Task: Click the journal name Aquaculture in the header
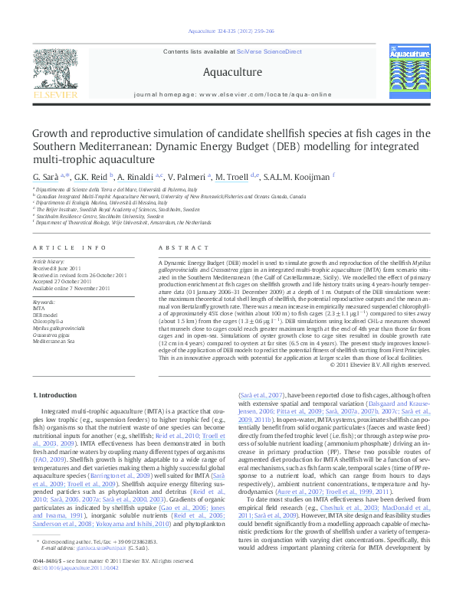[x=228, y=72]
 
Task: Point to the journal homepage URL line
[x=228, y=94]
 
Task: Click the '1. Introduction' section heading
[x=57, y=394]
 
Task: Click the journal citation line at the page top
[x=227, y=31]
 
